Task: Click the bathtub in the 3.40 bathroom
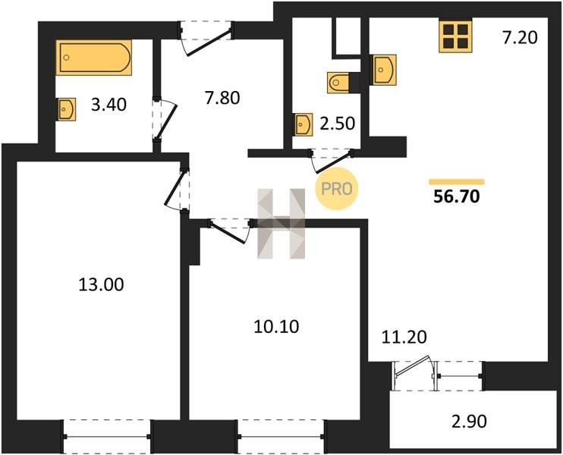94,58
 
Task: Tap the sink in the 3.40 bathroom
67,109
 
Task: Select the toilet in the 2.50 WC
338,83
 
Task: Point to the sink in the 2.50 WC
304,124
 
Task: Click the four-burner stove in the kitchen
455,36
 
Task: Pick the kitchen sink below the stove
385,70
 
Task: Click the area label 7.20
520,37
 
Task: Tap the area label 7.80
222,98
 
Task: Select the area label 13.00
101,284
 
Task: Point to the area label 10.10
276,327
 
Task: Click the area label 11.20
404,337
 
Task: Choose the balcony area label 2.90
469,422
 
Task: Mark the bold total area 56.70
457,196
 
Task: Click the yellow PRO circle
336,189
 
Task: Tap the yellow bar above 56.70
457,181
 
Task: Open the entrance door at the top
206,39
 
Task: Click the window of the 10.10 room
281,436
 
